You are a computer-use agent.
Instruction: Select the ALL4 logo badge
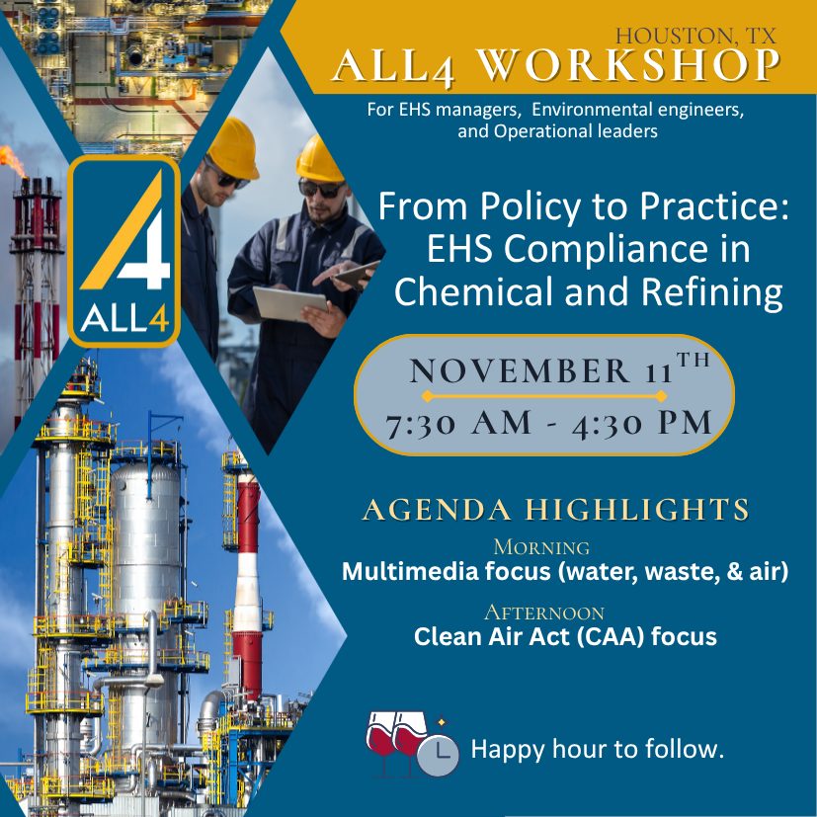pyautogui.click(x=123, y=251)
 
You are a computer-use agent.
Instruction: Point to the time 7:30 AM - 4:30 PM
pyautogui.click(x=548, y=422)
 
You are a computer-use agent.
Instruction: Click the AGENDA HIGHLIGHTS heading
pyautogui.click(x=555, y=510)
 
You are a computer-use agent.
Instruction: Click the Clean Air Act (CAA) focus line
pyautogui.click(x=565, y=637)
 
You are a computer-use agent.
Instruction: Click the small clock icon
pyautogui.click(x=438, y=756)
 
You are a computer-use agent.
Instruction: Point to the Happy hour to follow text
pyautogui.click(x=598, y=749)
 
